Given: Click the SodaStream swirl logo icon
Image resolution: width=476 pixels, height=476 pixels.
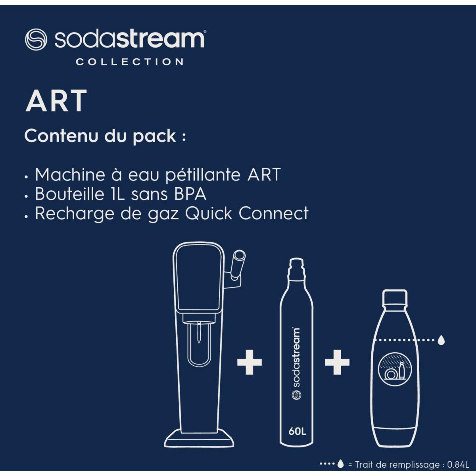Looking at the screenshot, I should (x=36, y=39).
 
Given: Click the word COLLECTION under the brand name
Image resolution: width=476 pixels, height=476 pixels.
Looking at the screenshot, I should (x=130, y=62).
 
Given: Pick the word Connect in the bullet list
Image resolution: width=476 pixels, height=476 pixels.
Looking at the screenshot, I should (x=273, y=213).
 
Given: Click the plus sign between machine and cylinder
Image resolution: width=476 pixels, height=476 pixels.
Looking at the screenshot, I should (x=250, y=362).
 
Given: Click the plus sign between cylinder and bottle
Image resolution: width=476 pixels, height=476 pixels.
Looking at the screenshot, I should (x=337, y=362).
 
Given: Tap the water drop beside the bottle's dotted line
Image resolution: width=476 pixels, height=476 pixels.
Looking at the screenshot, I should (x=441, y=340).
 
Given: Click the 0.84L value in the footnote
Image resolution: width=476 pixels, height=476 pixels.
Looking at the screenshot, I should (x=458, y=464).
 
